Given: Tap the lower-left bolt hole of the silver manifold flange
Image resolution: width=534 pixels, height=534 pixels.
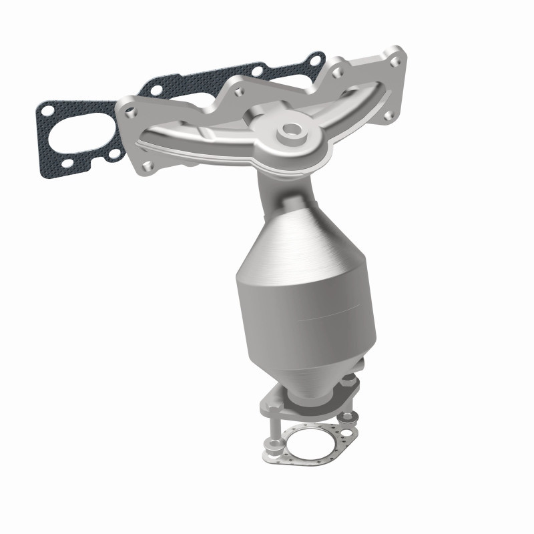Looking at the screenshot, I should (148, 166).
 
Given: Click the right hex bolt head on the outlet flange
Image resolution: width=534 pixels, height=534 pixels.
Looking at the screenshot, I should (350, 380).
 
